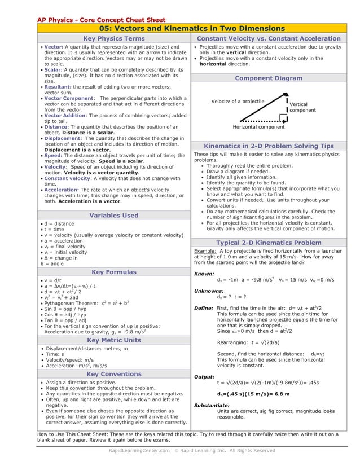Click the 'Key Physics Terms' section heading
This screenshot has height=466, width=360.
[x=114, y=38]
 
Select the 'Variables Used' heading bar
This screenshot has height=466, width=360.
[x=114, y=215]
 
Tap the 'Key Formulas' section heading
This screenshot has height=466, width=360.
[x=114, y=271]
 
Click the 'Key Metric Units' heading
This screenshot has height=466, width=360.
[x=114, y=340]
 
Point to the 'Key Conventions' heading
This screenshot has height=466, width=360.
[x=114, y=374]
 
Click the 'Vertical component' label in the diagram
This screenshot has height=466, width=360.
[x=302, y=107]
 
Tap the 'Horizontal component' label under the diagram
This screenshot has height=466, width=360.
[x=259, y=127]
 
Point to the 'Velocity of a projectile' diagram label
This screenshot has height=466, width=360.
[x=238, y=101]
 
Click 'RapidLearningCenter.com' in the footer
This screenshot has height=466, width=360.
[x=139, y=451]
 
